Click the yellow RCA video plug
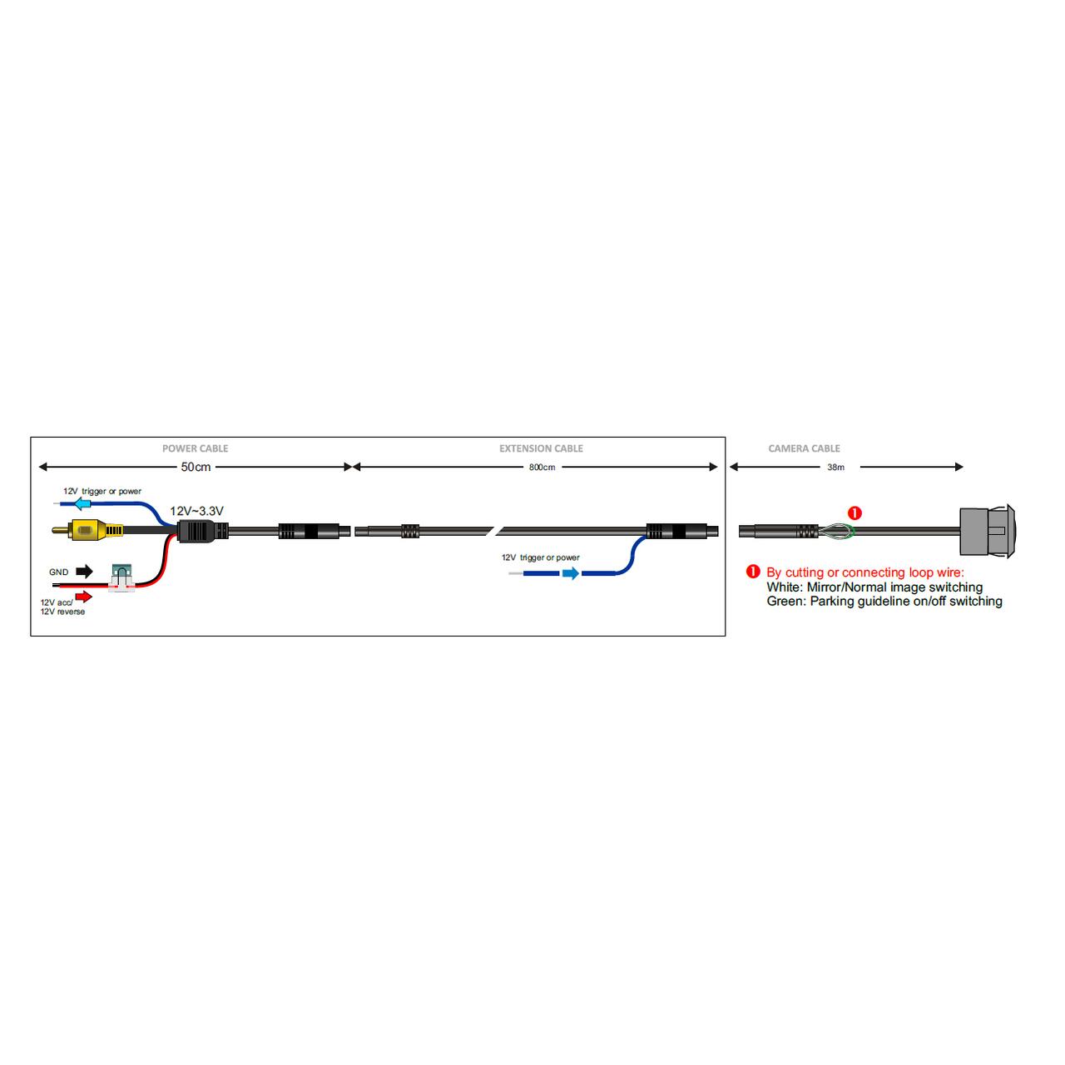click(86, 529)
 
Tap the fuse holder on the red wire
click(122, 578)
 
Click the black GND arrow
click(85, 572)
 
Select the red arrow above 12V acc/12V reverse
click(85, 596)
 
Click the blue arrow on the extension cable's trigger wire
click(570, 573)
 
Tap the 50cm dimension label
click(196, 467)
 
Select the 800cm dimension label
click(542, 468)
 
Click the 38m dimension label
click(835, 468)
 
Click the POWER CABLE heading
click(195, 448)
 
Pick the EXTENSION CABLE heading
click(541, 448)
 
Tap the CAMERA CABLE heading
click(804, 448)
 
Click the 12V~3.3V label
click(197, 511)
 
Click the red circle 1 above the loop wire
click(854, 513)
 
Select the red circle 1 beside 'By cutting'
click(754, 572)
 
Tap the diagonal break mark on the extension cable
click(496, 531)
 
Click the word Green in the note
click(785, 602)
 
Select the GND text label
click(58, 572)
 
